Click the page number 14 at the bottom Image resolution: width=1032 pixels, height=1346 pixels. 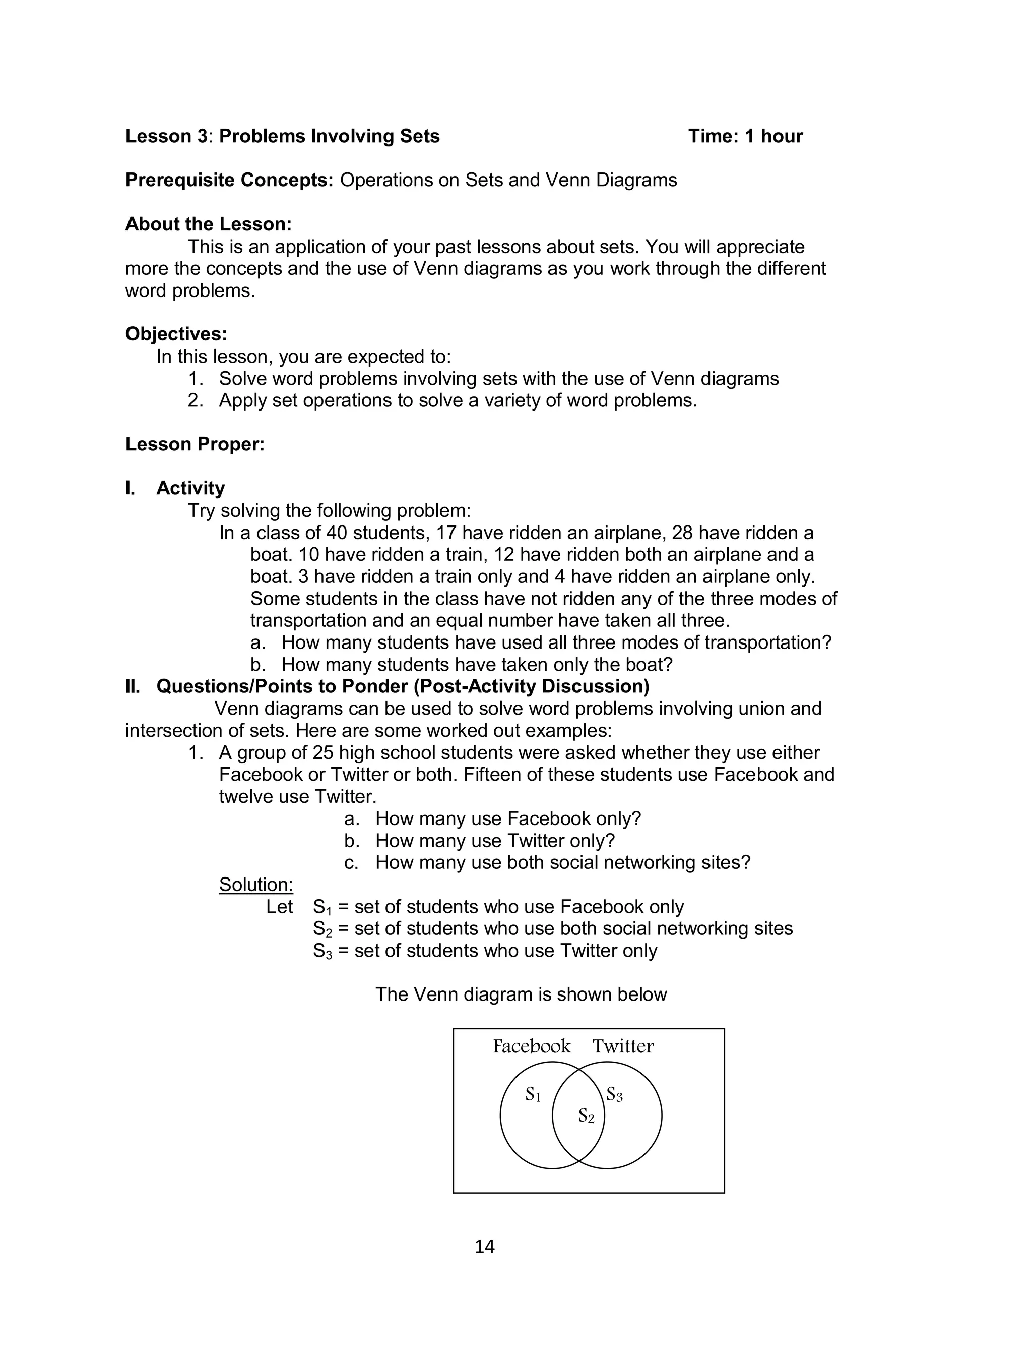[484, 1246]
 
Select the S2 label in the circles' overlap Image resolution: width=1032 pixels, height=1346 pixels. [586, 1116]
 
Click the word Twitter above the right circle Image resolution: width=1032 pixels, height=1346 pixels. [623, 1046]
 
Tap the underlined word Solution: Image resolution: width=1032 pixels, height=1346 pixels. [255, 885]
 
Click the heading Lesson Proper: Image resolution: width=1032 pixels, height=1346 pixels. [195, 444]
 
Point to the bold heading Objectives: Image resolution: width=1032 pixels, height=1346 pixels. [176, 334]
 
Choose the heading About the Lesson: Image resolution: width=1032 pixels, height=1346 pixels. [208, 224]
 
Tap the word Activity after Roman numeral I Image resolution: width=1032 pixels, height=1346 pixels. [190, 488]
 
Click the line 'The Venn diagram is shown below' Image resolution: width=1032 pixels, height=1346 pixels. [521, 994]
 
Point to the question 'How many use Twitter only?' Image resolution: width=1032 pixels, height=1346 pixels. [494, 840]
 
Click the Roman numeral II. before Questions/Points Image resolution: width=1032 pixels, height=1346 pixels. [133, 686]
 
